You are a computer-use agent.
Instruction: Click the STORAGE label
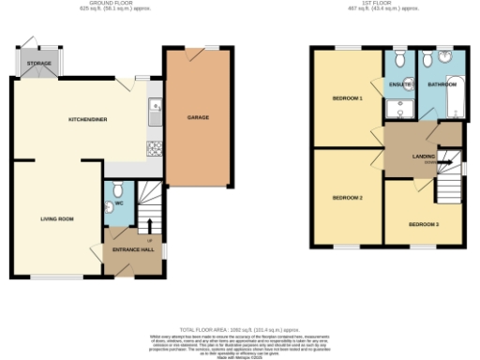point(39,63)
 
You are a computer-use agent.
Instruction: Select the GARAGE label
point(198,118)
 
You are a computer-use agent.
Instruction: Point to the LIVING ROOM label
point(56,218)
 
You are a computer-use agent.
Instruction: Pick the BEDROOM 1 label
point(347,98)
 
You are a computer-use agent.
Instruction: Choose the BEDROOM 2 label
point(347,197)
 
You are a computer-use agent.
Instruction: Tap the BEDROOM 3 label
point(424,224)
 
